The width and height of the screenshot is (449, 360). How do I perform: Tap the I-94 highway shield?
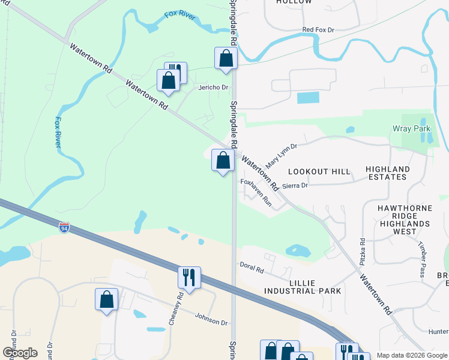[64, 227]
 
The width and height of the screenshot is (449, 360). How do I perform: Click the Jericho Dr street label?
[214, 88]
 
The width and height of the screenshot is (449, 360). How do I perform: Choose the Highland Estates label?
[387, 173]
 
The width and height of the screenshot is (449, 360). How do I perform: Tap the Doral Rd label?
[252, 270]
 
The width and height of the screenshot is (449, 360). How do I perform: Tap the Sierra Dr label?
[295, 186]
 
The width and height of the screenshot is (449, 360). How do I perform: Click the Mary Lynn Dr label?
[282, 155]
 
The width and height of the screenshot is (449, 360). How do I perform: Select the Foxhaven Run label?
[256, 193]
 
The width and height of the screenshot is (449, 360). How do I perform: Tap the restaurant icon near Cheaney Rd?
[189, 278]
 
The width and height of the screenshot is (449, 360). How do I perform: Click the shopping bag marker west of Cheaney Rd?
[106, 299]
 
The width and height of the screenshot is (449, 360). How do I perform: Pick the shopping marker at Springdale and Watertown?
[223, 161]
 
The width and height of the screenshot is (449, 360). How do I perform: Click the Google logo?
[20, 353]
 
